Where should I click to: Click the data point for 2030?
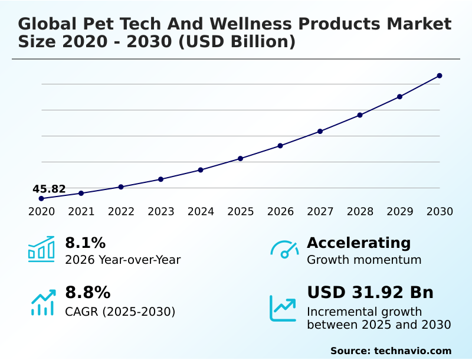[440, 76]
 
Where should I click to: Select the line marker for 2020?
[41, 198]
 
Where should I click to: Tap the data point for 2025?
[241, 158]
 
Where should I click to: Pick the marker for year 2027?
[320, 131]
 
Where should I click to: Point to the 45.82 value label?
[49, 189]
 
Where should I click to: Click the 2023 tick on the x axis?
[161, 212]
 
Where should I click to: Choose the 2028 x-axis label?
[360, 212]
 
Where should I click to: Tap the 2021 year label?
[81, 212]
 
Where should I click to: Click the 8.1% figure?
[85, 243]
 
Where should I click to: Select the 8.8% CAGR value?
[87, 293]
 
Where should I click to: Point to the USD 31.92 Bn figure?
[370, 293]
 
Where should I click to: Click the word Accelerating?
[359, 243]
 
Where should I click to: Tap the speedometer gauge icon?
[284, 249]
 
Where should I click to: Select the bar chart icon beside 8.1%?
[41, 249]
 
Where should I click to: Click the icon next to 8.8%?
[43, 302]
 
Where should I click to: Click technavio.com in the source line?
[412, 351]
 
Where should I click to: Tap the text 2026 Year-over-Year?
[123, 260]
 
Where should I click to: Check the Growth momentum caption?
[364, 260]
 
